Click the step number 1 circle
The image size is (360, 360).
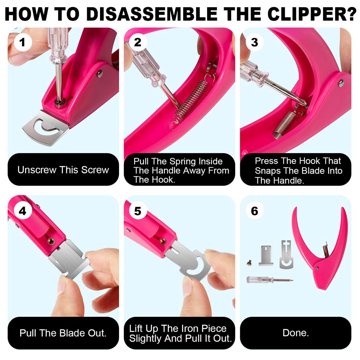[x=23, y=43]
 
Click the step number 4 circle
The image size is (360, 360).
[x=23, y=211]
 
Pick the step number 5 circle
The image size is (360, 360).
[x=138, y=211]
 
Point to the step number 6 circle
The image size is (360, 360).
[x=254, y=211]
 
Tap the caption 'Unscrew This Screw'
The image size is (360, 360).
[x=63, y=170]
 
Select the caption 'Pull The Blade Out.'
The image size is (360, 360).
[x=63, y=333]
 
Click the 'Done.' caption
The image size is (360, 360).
[x=295, y=333]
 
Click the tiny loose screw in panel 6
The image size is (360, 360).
[x=248, y=263]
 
